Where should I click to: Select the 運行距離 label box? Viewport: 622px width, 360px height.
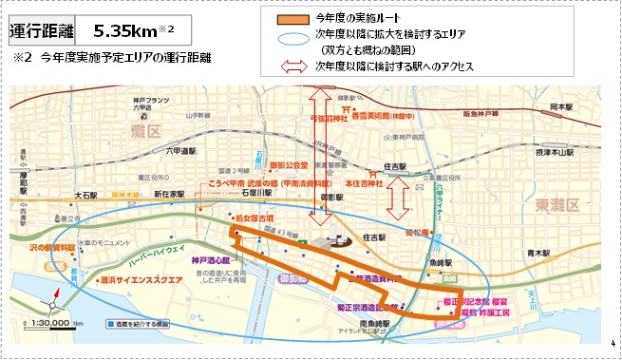pos(39,29)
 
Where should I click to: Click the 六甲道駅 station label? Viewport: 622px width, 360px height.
pos(179,150)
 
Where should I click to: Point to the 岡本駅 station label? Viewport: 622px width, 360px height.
pos(564,108)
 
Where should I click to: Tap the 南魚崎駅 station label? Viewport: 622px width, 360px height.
pos(370,323)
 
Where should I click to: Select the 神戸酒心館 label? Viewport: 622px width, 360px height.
pos(211,258)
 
